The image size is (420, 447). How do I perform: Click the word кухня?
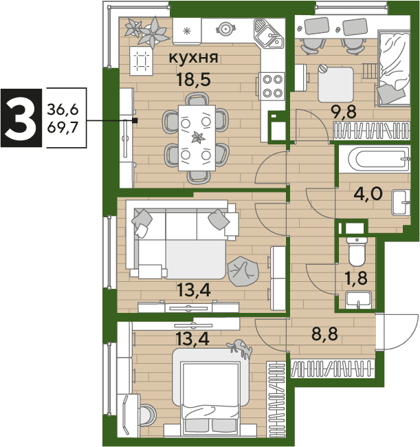tap(193, 58)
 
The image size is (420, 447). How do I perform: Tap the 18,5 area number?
tap(193, 79)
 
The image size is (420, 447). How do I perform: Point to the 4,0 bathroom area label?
tap(368, 194)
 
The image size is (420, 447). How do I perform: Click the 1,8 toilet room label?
tap(356, 279)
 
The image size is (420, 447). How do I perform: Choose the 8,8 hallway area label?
tap(324, 334)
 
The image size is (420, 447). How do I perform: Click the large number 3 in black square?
tap(21, 118)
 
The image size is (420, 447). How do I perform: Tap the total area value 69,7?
tap(63, 127)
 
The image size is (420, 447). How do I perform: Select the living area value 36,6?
tap(63, 109)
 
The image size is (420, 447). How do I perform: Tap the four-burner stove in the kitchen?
tap(272, 86)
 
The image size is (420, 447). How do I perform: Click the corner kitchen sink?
tap(268, 34)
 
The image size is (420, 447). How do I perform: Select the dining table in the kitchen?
tap(197, 138)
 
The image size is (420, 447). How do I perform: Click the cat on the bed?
tap(240, 348)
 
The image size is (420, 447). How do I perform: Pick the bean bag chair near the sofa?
tap(243, 272)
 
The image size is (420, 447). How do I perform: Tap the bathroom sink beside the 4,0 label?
tap(401, 203)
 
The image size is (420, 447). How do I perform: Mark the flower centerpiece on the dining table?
tap(198, 138)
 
